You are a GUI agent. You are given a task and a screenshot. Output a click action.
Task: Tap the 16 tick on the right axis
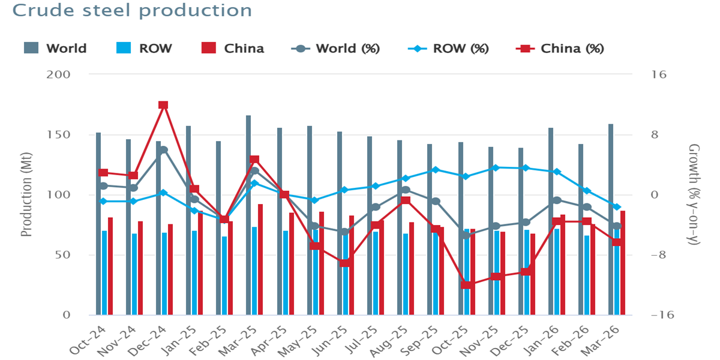(x=655, y=74)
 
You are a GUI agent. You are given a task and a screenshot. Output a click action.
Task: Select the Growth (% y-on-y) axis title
(x=694, y=195)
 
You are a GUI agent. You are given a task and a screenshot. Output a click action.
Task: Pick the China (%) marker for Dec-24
(x=163, y=105)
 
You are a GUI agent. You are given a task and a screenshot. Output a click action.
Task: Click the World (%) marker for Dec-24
(x=163, y=150)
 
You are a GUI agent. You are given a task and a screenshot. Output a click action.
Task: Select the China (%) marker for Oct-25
(x=466, y=285)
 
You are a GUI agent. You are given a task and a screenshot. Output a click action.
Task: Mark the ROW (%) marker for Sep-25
(x=436, y=170)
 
